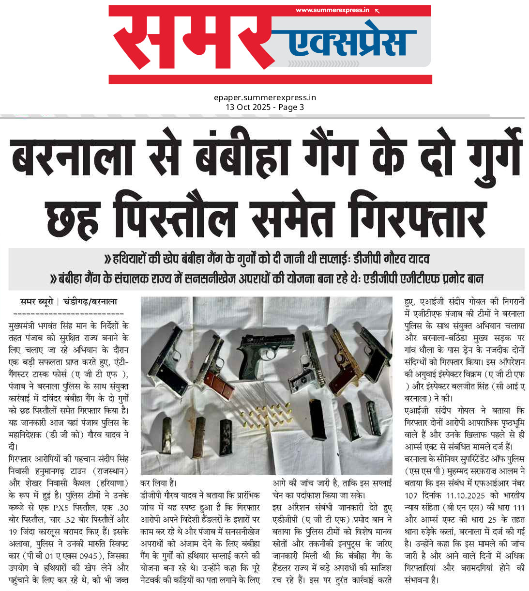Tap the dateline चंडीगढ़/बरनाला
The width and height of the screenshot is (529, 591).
point(90,301)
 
